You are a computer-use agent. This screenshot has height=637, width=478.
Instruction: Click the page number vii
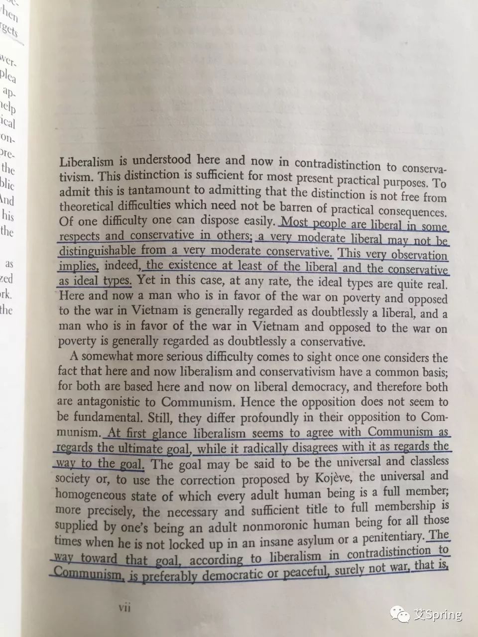tap(123, 608)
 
